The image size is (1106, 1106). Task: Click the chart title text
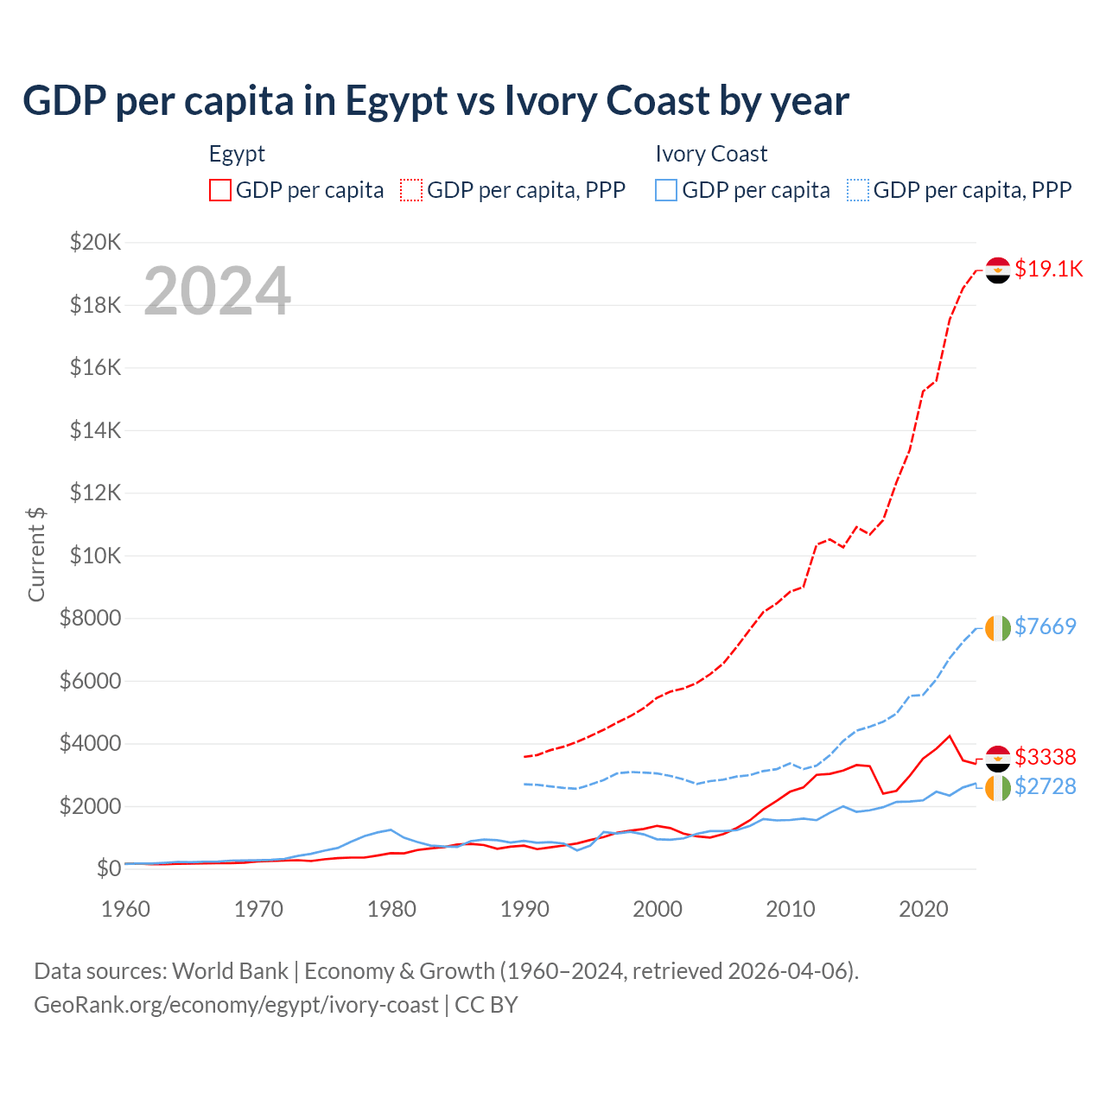tap(435, 101)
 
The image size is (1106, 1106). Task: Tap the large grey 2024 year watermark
tap(217, 291)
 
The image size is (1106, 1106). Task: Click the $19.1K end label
tap(1048, 269)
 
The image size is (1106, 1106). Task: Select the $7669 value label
tap(1045, 626)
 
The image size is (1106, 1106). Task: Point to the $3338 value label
tap(1045, 757)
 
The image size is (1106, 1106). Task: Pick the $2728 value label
tap(1045, 786)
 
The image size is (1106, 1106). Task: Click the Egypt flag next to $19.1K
tap(998, 270)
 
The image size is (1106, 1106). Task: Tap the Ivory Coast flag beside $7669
tap(998, 627)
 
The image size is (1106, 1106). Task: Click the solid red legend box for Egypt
tap(220, 190)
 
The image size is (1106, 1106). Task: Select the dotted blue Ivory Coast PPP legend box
tap(858, 190)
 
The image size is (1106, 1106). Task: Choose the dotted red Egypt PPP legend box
tap(411, 190)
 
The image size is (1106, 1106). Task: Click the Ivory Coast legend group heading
tap(711, 154)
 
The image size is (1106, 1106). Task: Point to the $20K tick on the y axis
tap(95, 242)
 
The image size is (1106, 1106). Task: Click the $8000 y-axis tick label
tap(90, 618)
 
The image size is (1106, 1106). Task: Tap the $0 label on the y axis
tap(108, 868)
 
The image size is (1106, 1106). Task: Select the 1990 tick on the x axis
tap(524, 909)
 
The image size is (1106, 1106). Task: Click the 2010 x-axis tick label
tap(791, 909)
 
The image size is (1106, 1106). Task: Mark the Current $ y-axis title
tap(36, 555)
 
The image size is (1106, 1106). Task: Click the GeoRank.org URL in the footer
tap(236, 1005)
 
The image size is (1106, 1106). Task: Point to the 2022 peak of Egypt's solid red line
tap(950, 736)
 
